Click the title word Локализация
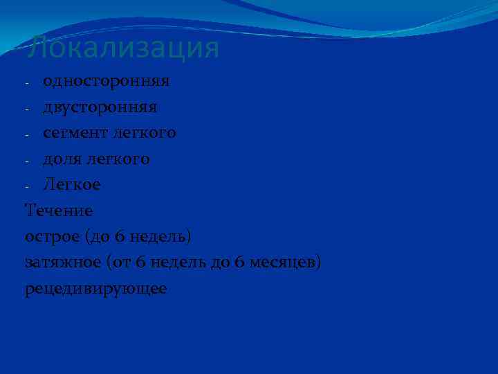123,48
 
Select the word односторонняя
106,82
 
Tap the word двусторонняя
100,107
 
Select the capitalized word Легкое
72,185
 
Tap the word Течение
58,211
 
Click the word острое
53,237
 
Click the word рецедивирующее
95,288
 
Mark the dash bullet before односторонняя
28,83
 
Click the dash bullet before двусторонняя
28,109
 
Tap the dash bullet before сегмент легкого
28,134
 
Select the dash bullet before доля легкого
28,161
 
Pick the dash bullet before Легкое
28,186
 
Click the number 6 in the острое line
120,237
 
